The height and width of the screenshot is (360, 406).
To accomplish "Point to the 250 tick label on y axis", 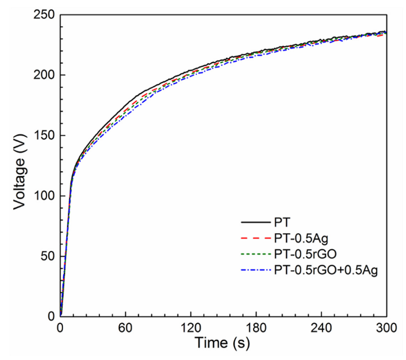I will (44, 15).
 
